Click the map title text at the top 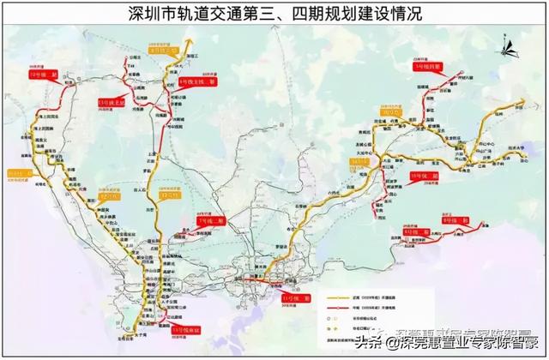point(274,15)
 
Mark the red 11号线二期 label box point(295,297)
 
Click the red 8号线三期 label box point(455,221)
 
